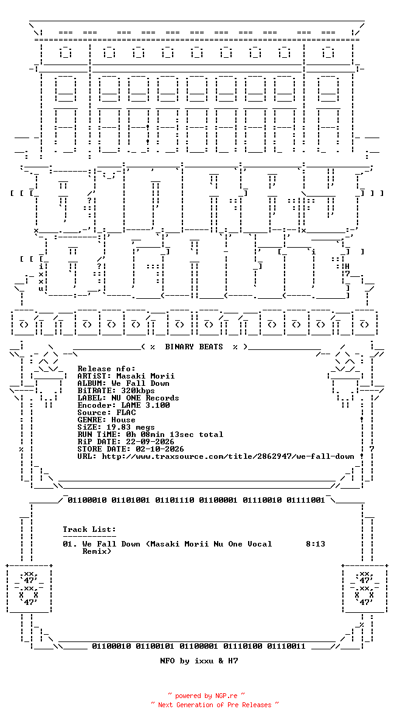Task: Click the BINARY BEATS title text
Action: click(194, 347)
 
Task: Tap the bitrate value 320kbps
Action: click(136, 391)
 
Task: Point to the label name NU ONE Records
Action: click(145, 398)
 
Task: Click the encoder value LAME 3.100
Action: click(145, 405)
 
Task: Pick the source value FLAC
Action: click(126, 413)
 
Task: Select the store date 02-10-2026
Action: click(160, 449)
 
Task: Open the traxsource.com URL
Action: click(228, 456)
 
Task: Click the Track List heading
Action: click(89, 529)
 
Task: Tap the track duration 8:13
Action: click(316, 544)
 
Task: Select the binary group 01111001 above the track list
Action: click(306, 500)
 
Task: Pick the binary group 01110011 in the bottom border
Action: click(286, 646)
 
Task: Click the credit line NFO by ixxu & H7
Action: click(199, 661)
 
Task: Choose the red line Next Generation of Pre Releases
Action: click(215, 705)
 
